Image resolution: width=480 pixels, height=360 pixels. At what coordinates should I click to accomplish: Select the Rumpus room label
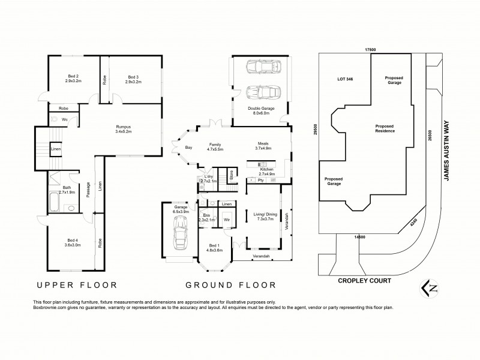pyautogui.click(x=124, y=129)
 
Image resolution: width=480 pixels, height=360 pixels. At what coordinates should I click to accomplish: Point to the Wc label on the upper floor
pyautogui.click(x=63, y=119)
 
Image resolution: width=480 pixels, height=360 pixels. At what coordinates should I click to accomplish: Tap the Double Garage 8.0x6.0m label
pyautogui.click(x=259, y=110)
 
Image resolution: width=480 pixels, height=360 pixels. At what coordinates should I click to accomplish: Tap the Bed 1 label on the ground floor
pyautogui.click(x=214, y=248)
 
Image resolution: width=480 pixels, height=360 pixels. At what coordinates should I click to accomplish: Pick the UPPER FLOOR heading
pyautogui.click(x=77, y=285)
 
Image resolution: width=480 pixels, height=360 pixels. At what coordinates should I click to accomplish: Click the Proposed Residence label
pyautogui.click(x=385, y=128)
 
